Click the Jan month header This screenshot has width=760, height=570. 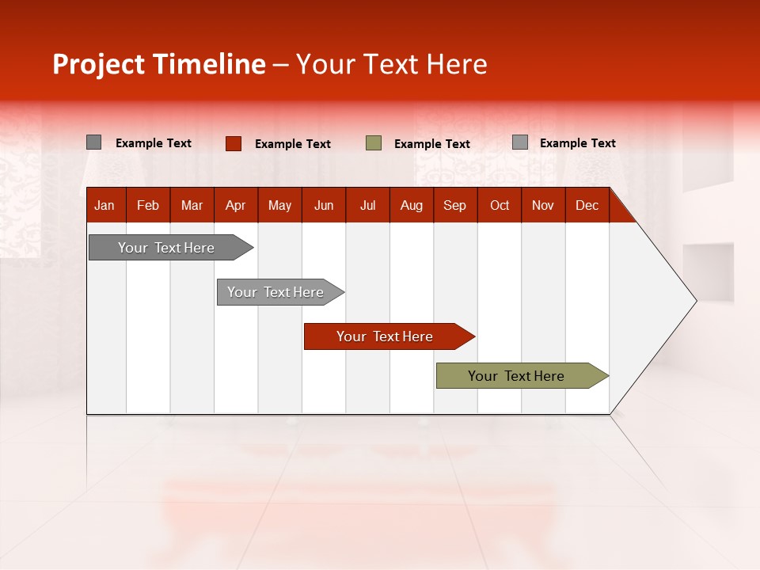(104, 205)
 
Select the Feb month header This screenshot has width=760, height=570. (148, 205)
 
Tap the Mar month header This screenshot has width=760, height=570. (192, 205)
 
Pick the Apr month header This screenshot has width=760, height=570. (236, 205)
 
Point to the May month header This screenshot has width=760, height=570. (279, 205)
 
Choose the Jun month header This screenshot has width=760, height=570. (324, 205)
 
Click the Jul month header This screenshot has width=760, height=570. (367, 205)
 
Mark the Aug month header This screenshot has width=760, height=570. (412, 205)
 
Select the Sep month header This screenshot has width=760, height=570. (455, 205)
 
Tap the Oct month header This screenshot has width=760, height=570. (500, 205)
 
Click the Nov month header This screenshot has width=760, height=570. (543, 205)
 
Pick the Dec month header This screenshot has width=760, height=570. (587, 205)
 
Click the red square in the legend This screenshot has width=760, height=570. (234, 143)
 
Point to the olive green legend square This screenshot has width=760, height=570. (374, 143)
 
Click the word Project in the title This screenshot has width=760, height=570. (98, 64)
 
